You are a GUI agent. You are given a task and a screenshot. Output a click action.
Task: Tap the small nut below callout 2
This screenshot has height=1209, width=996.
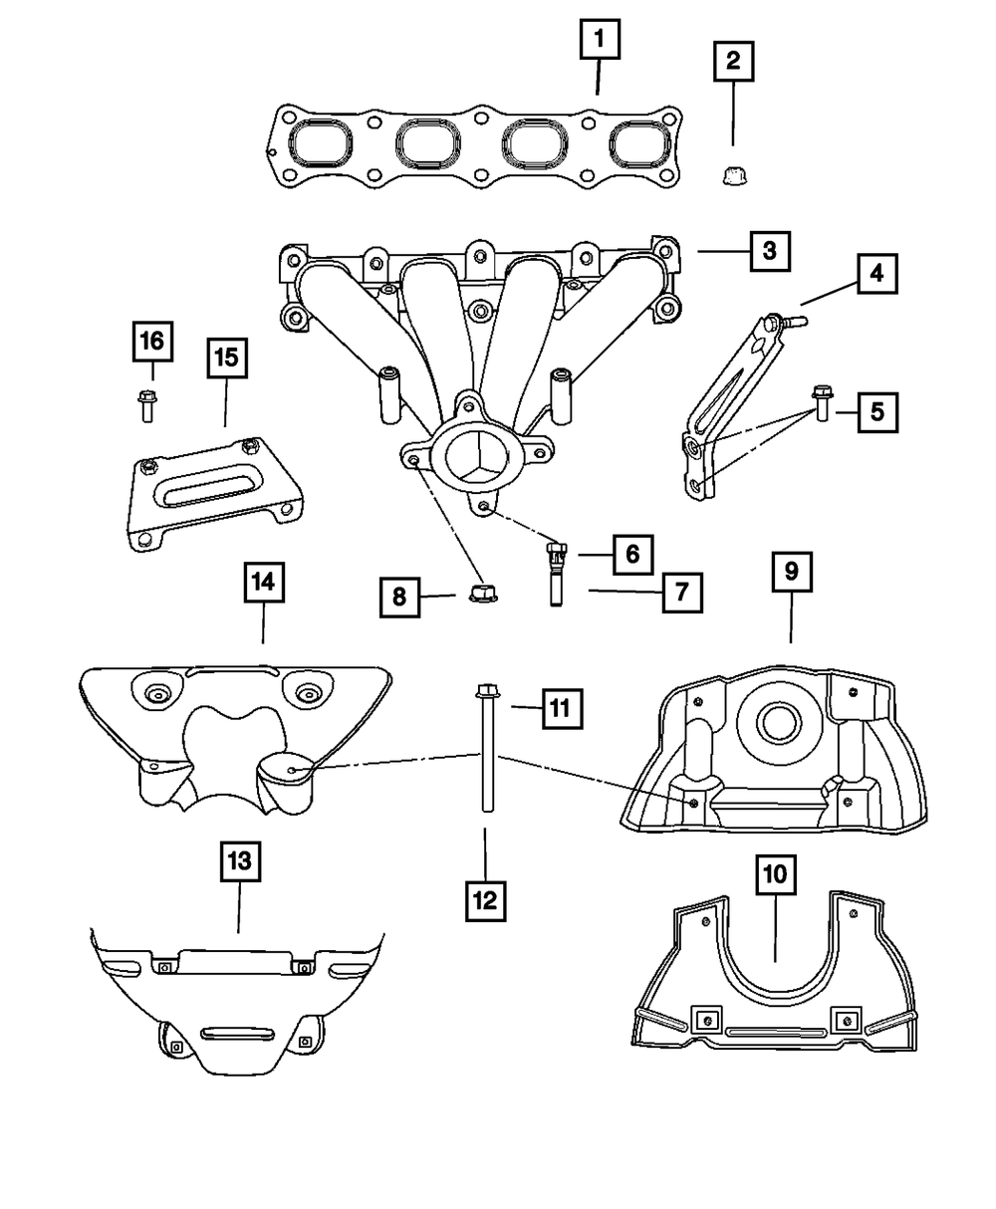coord(732,177)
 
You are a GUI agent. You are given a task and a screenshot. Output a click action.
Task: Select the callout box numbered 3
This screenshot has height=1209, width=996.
coord(769,252)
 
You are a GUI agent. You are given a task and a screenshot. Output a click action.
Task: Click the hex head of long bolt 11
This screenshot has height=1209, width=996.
coord(487,689)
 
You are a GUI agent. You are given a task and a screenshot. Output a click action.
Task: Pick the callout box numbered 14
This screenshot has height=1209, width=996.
coord(263,583)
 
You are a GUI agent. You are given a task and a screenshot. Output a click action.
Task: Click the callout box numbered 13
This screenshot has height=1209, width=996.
coord(239,862)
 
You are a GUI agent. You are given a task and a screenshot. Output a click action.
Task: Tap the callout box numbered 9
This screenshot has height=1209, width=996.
coord(791,572)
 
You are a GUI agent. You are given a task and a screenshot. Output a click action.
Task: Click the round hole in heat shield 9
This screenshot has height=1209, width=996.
coord(778,724)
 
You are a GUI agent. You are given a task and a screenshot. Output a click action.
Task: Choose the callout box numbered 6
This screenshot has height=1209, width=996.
coord(632,553)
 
